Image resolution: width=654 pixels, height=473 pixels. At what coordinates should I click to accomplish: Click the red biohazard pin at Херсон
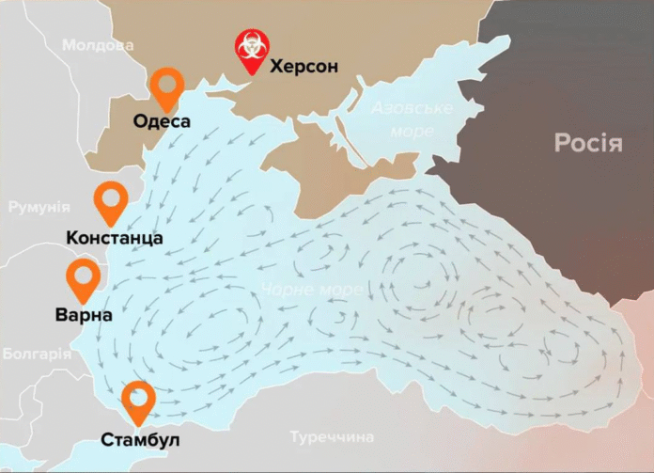250,53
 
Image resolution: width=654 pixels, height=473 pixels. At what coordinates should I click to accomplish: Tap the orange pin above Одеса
166,89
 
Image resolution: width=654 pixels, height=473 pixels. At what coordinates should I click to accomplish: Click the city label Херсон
304,67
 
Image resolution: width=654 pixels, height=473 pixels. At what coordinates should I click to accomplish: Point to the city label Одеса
162,121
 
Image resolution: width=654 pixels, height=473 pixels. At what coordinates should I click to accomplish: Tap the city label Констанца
115,238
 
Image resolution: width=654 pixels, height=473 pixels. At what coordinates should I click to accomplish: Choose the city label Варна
83,315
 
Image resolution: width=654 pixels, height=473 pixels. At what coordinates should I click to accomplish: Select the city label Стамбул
141,440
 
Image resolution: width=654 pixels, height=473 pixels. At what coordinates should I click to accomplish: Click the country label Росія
588,144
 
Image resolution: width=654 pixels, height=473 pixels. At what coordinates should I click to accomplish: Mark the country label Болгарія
37,355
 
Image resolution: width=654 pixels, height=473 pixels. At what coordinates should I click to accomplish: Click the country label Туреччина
332,437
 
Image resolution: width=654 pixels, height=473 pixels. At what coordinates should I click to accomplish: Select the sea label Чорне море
312,290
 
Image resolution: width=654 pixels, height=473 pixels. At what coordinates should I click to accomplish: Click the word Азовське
412,108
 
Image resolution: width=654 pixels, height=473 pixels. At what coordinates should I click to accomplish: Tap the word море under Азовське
413,131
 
